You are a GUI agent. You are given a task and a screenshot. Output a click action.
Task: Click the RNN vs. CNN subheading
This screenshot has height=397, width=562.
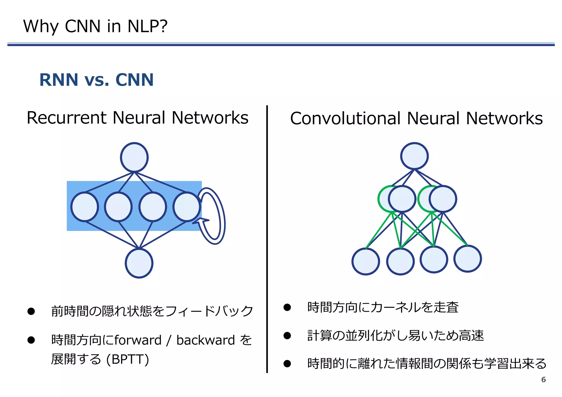coord(96,80)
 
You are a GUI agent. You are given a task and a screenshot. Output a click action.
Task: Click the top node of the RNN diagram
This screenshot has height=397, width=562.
coord(134,157)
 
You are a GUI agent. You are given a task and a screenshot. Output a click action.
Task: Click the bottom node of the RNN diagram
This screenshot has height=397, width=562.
coord(139,263)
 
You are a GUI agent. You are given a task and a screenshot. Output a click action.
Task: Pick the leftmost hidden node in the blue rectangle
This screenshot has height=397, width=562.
coord(85,207)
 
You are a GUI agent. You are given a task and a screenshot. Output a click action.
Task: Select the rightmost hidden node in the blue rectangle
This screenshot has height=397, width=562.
coord(187,207)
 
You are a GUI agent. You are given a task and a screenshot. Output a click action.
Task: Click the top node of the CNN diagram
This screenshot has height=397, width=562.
coord(414,156)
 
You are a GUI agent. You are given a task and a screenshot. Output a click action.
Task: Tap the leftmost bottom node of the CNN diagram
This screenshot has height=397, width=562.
coord(366,261)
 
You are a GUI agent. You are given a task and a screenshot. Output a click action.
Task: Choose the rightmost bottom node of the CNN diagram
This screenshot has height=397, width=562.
coord(467,259)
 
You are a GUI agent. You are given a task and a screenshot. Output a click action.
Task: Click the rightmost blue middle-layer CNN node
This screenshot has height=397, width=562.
coord(443,199)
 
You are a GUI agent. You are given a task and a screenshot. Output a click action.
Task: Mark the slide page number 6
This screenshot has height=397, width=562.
coord(543,380)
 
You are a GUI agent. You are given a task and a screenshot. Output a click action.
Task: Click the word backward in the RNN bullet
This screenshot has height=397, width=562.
coord(206,340)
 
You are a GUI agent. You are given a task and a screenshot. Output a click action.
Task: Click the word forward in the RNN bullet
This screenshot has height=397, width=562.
coord(138,340)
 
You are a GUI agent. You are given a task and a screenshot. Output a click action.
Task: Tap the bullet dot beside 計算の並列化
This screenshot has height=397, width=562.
coord(287,335)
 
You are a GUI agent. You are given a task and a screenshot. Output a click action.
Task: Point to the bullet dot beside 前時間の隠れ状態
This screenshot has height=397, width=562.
coord(31,311)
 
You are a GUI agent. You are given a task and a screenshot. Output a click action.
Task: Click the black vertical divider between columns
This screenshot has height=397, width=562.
coord(267,239)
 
